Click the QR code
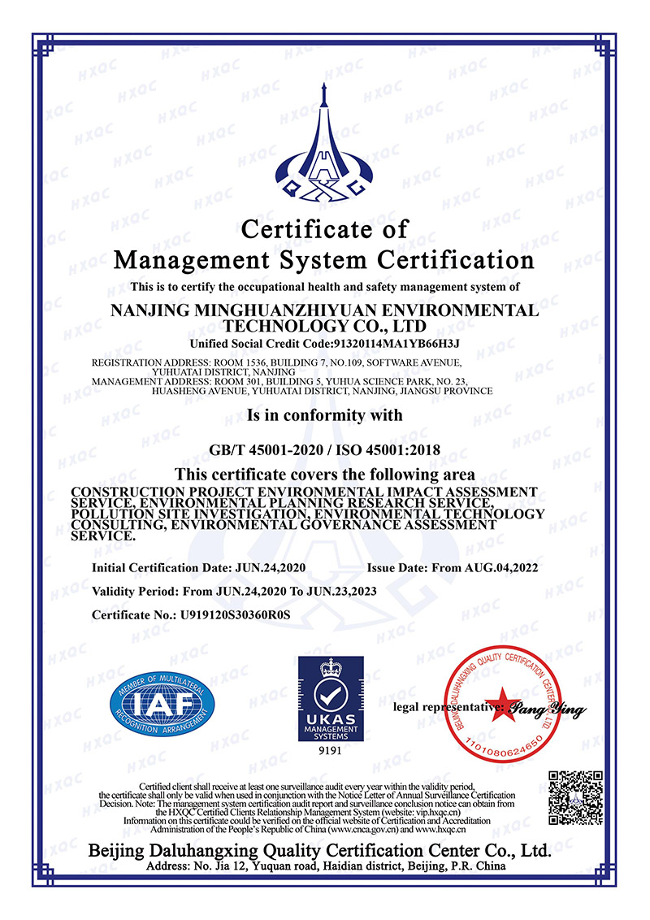tap(575, 797)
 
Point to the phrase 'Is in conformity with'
tap(325, 415)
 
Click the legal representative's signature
tap(549, 710)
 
